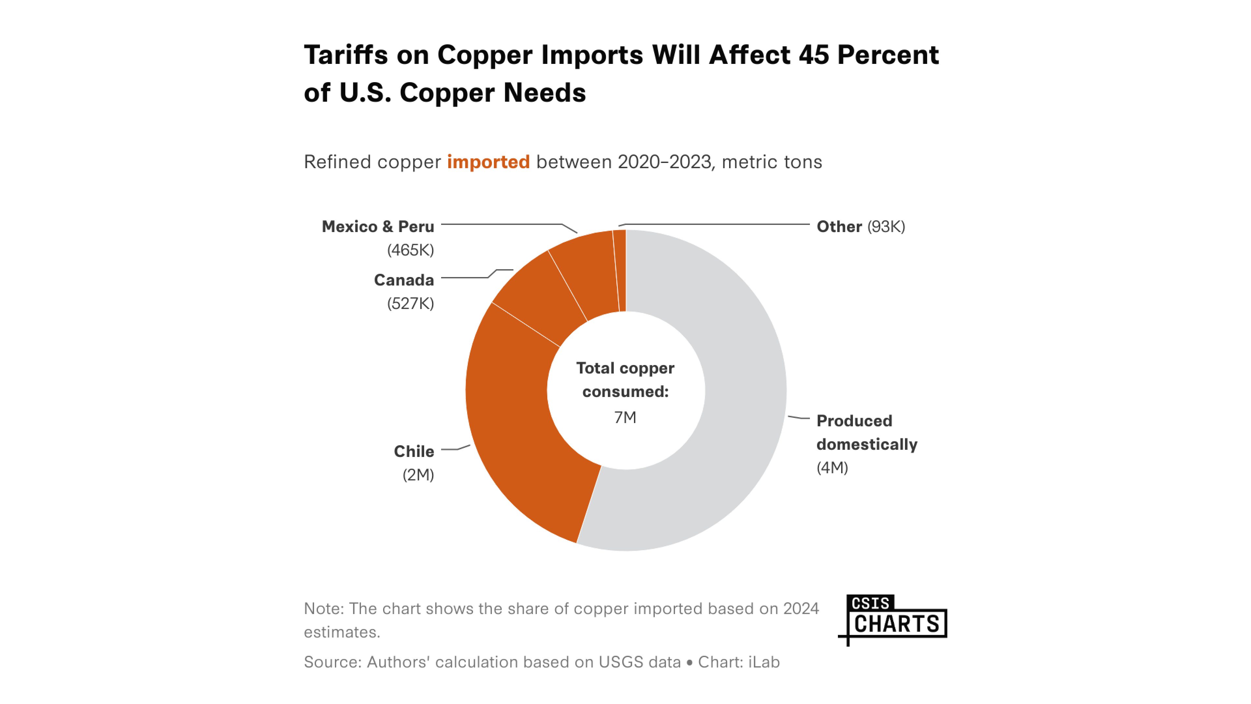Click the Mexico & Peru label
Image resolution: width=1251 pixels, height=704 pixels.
378,227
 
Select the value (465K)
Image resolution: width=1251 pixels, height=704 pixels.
410,250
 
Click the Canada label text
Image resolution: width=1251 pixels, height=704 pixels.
404,280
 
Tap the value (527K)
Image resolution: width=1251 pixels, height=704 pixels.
410,304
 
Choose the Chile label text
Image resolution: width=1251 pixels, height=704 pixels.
414,451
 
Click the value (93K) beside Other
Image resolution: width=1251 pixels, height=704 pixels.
886,227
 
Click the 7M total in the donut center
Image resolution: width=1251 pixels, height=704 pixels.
625,417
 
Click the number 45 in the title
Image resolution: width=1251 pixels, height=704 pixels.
813,54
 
